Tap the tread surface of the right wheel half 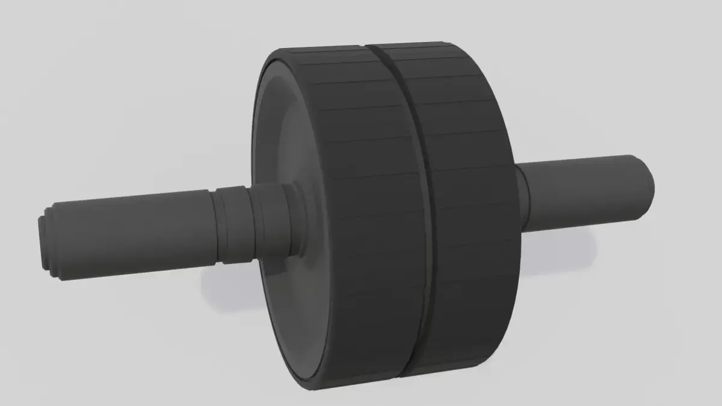click(x=469, y=211)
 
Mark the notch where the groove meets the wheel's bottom click(x=402, y=376)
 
